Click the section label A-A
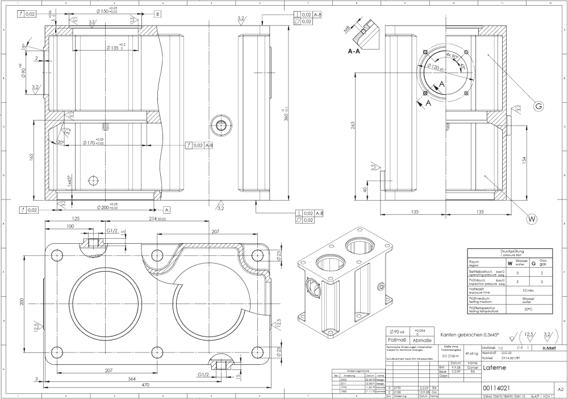(x=354, y=51)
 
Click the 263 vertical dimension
(x=353, y=125)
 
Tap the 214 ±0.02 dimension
(x=151, y=218)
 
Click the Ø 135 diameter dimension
(x=116, y=48)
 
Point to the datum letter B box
(x=157, y=13)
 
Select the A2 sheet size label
(x=560, y=390)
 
